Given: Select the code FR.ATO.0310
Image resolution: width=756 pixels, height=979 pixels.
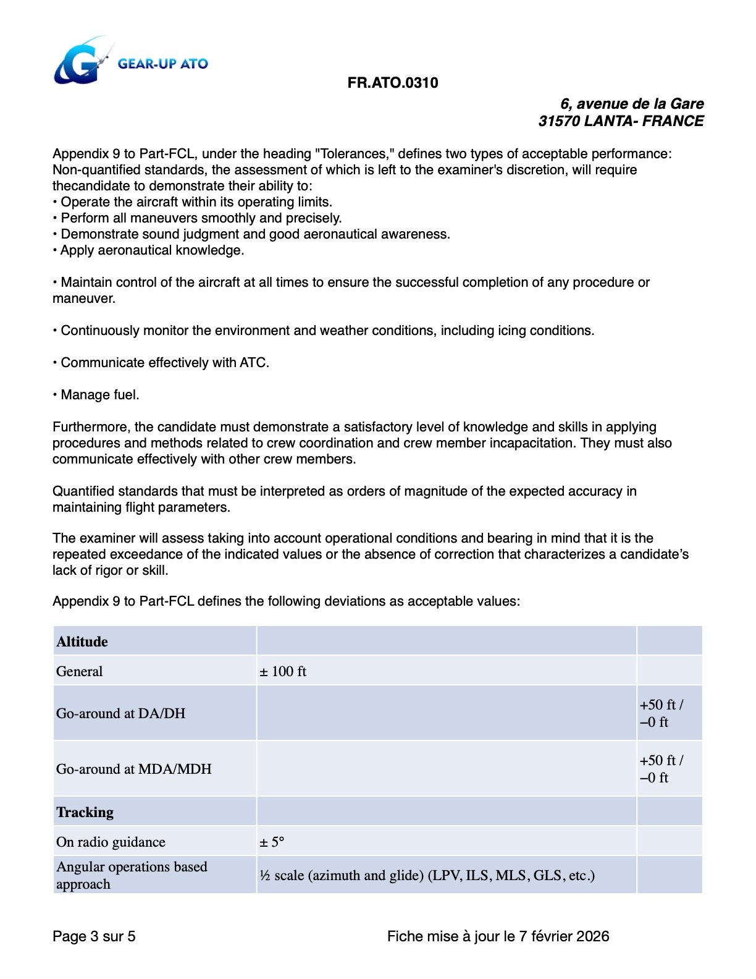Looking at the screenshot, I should point(393,83).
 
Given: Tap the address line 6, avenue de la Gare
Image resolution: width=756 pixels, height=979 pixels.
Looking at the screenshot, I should point(631,104).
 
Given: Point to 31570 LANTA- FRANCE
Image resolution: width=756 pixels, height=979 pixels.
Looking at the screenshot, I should point(620,121).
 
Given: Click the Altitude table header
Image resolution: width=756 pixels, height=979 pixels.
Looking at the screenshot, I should point(82,642).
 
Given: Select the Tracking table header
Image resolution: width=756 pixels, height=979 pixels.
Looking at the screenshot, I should point(85,812).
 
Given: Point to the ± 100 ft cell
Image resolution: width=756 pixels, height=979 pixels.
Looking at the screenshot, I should point(283,672).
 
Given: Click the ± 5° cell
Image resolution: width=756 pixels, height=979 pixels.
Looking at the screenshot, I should point(272,842).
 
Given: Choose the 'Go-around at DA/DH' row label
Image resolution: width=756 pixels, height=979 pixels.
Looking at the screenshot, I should point(121,713).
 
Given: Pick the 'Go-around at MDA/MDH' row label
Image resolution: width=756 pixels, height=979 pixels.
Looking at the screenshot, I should point(134,769).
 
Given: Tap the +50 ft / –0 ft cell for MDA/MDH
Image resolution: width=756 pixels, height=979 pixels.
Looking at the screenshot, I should point(661,769).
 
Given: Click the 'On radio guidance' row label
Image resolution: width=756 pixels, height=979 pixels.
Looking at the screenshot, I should point(111,842).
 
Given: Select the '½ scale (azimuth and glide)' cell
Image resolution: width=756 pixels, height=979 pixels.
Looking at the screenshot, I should point(427,876).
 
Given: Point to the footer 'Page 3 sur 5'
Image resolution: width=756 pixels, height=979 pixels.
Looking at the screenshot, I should point(94,936).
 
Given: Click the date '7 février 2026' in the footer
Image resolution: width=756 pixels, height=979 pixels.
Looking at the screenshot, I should point(563,936).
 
